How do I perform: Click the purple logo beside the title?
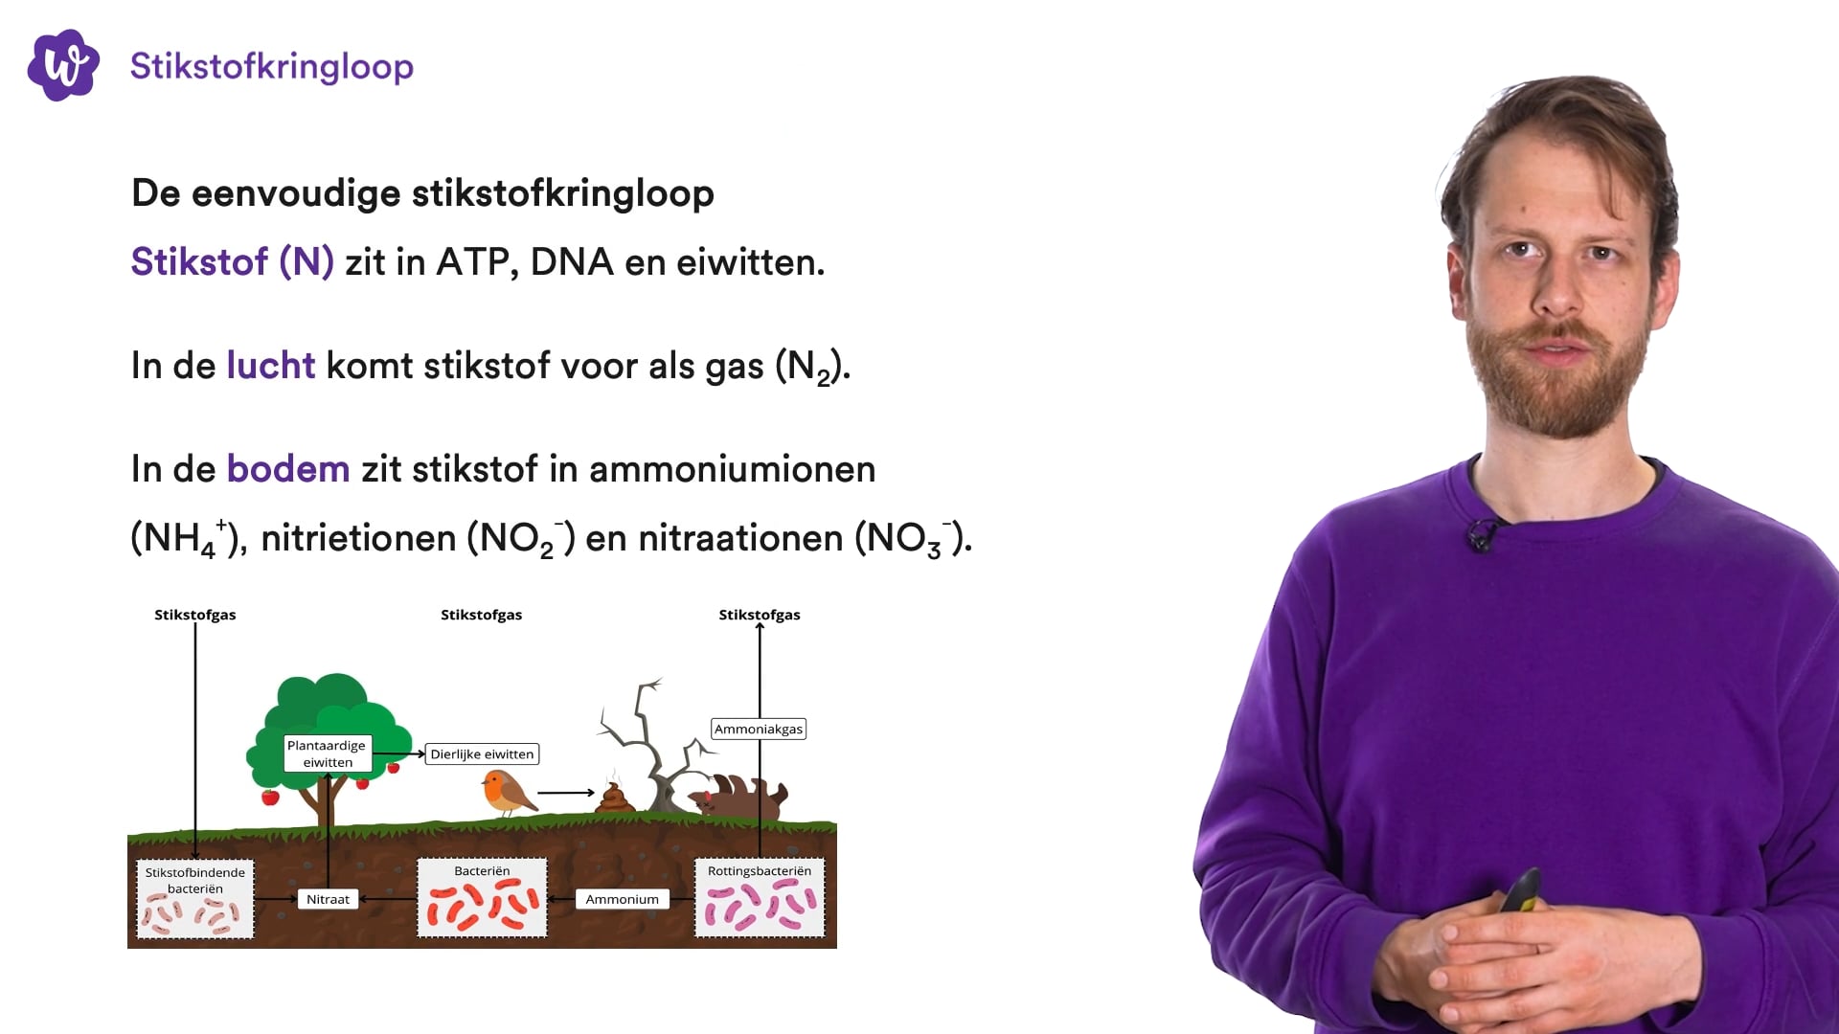(63, 65)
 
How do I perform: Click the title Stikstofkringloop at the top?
(271, 66)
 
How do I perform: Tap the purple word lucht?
(270, 366)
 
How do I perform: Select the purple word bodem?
(287, 469)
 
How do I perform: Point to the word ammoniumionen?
(732, 469)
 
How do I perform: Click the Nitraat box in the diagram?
(328, 899)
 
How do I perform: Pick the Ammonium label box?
(622, 899)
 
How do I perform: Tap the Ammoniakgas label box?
(758, 729)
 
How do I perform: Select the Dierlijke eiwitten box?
(482, 754)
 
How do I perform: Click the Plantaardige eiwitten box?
(327, 753)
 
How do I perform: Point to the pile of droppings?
(614, 798)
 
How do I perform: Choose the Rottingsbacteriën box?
(759, 898)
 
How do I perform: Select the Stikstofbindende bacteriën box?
(195, 899)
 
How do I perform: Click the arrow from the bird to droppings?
(566, 793)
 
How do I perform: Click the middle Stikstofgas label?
(481, 615)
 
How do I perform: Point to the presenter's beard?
(1561, 383)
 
